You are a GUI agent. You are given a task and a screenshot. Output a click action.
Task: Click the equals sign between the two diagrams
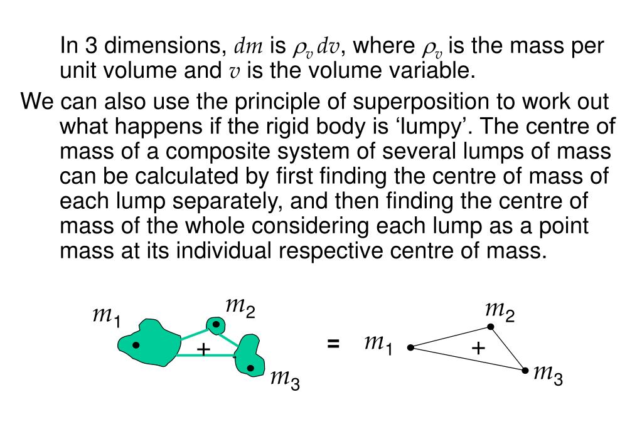pyautogui.click(x=333, y=343)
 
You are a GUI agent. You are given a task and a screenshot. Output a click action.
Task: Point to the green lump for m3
pyautogui.click(x=249, y=356)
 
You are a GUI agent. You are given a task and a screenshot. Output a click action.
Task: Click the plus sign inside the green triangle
pyautogui.click(x=203, y=349)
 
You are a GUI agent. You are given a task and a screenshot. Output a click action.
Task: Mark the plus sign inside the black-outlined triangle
pyautogui.click(x=478, y=349)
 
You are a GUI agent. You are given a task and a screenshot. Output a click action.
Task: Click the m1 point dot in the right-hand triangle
pyautogui.click(x=410, y=347)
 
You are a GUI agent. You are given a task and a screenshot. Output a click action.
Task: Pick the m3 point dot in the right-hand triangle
pyautogui.click(x=525, y=371)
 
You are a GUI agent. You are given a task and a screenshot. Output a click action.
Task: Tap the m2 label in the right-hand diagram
pyautogui.click(x=500, y=310)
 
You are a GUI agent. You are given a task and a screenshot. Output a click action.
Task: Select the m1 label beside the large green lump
pyautogui.click(x=106, y=315)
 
